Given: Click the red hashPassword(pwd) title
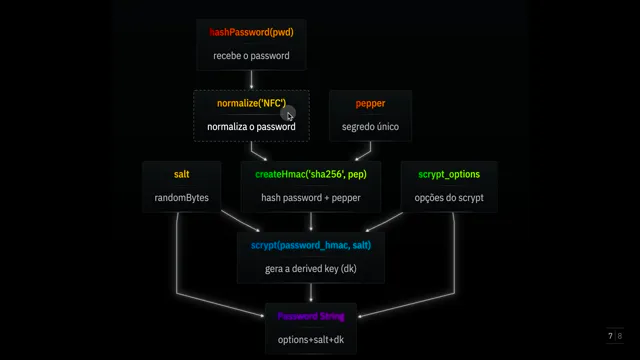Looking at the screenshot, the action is tap(251, 32).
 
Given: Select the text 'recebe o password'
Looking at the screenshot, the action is tap(251, 56).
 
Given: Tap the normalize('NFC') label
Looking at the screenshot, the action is tap(251, 103).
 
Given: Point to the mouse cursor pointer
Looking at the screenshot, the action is tap(290, 116).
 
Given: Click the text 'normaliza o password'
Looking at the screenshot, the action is tap(251, 127).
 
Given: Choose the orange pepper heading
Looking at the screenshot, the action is tap(370, 104).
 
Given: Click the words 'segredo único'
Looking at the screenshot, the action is tap(370, 127).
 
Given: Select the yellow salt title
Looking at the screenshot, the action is tap(182, 174).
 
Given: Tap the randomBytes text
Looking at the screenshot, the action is tap(182, 198).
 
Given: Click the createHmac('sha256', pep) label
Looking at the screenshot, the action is tap(311, 174).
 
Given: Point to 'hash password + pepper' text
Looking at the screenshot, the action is tap(311, 198).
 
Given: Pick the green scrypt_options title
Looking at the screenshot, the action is tap(449, 174).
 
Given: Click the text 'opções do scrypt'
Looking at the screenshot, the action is tap(449, 198).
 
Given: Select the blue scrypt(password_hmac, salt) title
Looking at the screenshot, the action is tap(311, 245).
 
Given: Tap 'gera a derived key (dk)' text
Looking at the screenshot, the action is tap(311, 269).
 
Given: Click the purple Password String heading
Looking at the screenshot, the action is tap(311, 316).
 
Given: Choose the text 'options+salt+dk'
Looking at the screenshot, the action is tap(311, 340).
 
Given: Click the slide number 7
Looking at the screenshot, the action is tap(610, 336).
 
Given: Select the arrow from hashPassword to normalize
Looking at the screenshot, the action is tap(251, 80).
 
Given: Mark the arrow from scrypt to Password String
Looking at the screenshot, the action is tap(311, 293).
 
